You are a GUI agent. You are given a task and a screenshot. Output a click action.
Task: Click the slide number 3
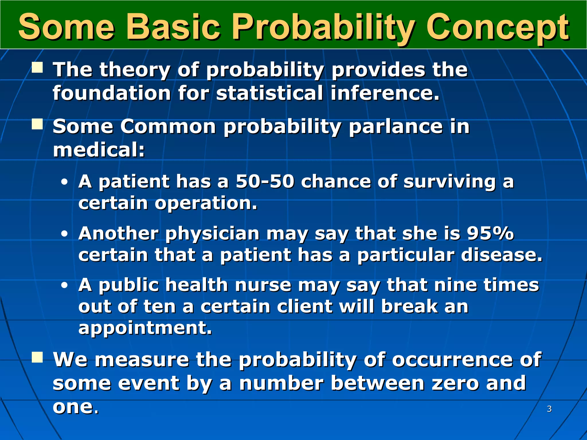pos(549,409)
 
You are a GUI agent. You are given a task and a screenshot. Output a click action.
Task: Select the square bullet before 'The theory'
pos(37,68)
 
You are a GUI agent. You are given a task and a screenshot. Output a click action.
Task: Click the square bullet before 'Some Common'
pos(37,125)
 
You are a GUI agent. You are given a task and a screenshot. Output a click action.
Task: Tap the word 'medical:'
pos(99,150)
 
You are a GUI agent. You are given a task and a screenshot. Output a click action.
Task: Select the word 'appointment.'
pos(145,328)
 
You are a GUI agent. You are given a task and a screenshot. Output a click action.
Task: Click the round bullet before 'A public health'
pos(64,286)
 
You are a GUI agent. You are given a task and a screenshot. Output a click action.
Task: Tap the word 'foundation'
pos(112,93)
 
